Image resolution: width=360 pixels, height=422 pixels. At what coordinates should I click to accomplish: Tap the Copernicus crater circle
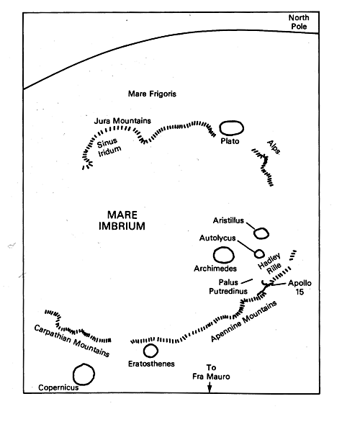[x=73, y=374]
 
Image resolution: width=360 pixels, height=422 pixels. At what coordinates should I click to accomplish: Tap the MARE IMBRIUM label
[x=122, y=220]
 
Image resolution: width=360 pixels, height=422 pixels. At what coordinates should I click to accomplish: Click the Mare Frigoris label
[x=152, y=94]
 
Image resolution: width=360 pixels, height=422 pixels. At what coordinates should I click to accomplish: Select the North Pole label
[x=299, y=22]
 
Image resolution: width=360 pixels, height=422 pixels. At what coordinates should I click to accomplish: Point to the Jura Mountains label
[x=122, y=121]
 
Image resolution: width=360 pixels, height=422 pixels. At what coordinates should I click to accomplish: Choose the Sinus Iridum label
[x=109, y=147]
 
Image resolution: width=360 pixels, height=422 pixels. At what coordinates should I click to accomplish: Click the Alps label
[x=274, y=148]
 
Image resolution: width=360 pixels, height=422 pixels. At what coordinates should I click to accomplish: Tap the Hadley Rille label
[x=269, y=264]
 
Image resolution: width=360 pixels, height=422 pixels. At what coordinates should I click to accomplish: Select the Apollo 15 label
[x=300, y=287]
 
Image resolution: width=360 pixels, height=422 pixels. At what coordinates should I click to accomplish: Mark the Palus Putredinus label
[x=228, y=287]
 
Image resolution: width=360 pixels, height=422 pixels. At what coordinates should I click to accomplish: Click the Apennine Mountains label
[x=244, y=321]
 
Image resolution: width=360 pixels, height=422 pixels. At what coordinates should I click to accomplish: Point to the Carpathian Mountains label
[x=71, y=341]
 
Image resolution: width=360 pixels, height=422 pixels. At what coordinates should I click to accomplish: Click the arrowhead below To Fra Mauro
[x=210, y=389]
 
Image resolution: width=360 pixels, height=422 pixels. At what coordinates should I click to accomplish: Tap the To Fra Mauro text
[x=211, y=372]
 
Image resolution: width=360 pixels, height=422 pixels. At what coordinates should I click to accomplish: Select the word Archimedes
[x=215, y=269]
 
